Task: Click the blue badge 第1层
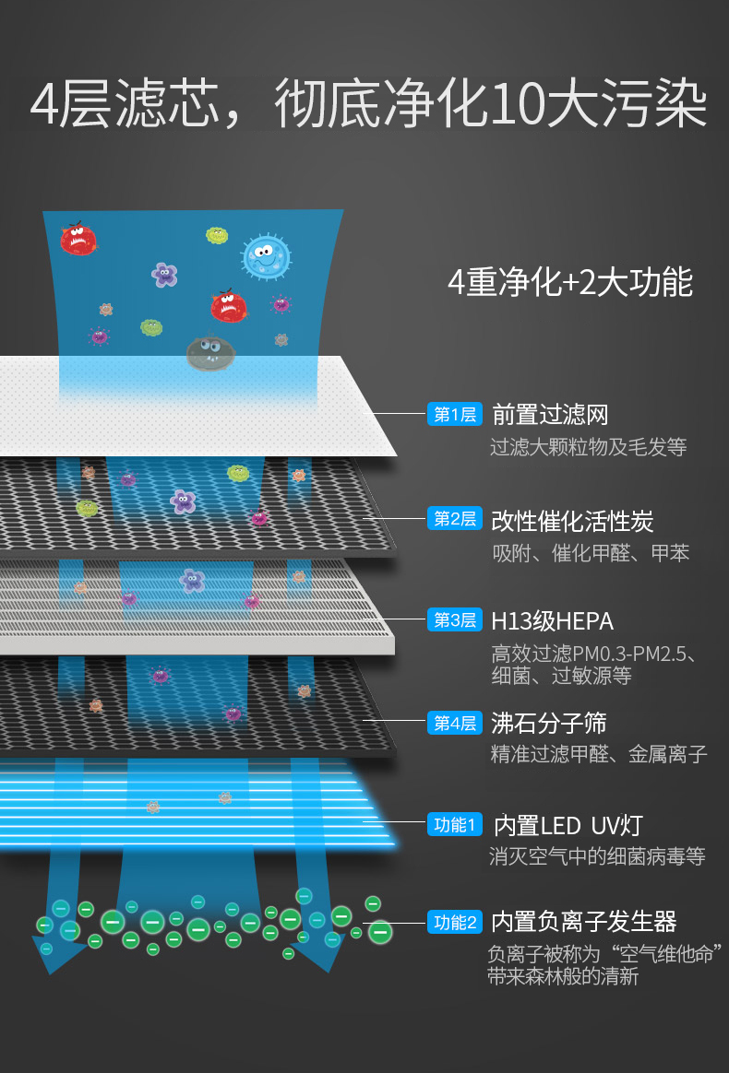tap(455, 415)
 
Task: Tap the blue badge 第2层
tap(455, 519)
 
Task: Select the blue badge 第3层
tap(455, 620)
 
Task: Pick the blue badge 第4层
tap(455, 724)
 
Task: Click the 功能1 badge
tap(455, 824)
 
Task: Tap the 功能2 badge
tap(455, 922)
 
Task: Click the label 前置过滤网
tap(550, 415)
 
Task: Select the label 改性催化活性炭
tap(572, 521)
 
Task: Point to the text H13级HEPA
tap(552, 621)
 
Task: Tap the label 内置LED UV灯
tap(568, 825)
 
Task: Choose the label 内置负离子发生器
tap(583, 922)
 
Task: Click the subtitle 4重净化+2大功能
tap(569, 282)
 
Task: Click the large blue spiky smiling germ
tap(266, 255)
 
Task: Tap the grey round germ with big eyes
tap(210, 352)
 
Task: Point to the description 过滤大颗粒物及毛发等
tap(588, 448)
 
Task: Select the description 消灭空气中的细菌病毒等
tap(596, 857)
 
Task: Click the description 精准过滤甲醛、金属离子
tap(598, 755)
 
